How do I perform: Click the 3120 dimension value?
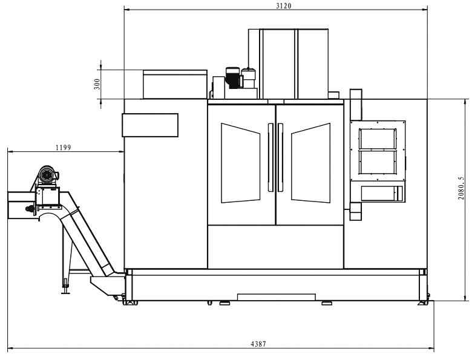[x=283, y=6]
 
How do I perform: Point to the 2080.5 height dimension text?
[x=461, y=188]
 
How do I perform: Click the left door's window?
[x=240, y=163]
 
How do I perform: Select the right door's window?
[x=310, y=163]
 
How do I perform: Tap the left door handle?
[x=270, y=157]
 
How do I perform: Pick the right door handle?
[x=281, y=157]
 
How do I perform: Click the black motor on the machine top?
[x=233, y=77]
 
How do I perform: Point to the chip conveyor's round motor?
[x=46, y=175]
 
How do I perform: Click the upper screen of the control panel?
[x=378, y=137]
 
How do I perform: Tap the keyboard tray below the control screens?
[x=381, y=193]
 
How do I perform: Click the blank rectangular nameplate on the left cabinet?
[x=150, y=125]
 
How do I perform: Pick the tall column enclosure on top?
[x=294, y=64]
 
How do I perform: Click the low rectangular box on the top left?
[x=175, y=83]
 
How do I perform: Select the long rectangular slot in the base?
[x=277, y=296]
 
